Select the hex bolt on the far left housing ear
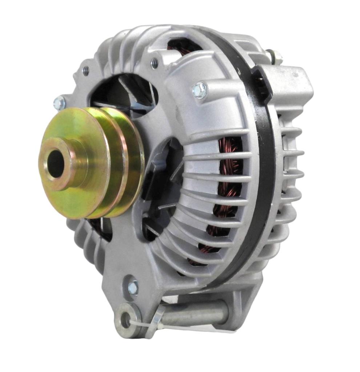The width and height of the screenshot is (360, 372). [59, 104]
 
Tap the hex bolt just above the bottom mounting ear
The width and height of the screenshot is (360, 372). [133, 288]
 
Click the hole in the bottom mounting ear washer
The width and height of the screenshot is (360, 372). [125, 320]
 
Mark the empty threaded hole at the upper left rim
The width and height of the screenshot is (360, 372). [86, 70]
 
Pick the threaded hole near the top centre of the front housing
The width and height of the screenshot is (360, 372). [155, 63]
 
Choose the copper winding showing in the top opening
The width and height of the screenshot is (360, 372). [182, 47]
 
